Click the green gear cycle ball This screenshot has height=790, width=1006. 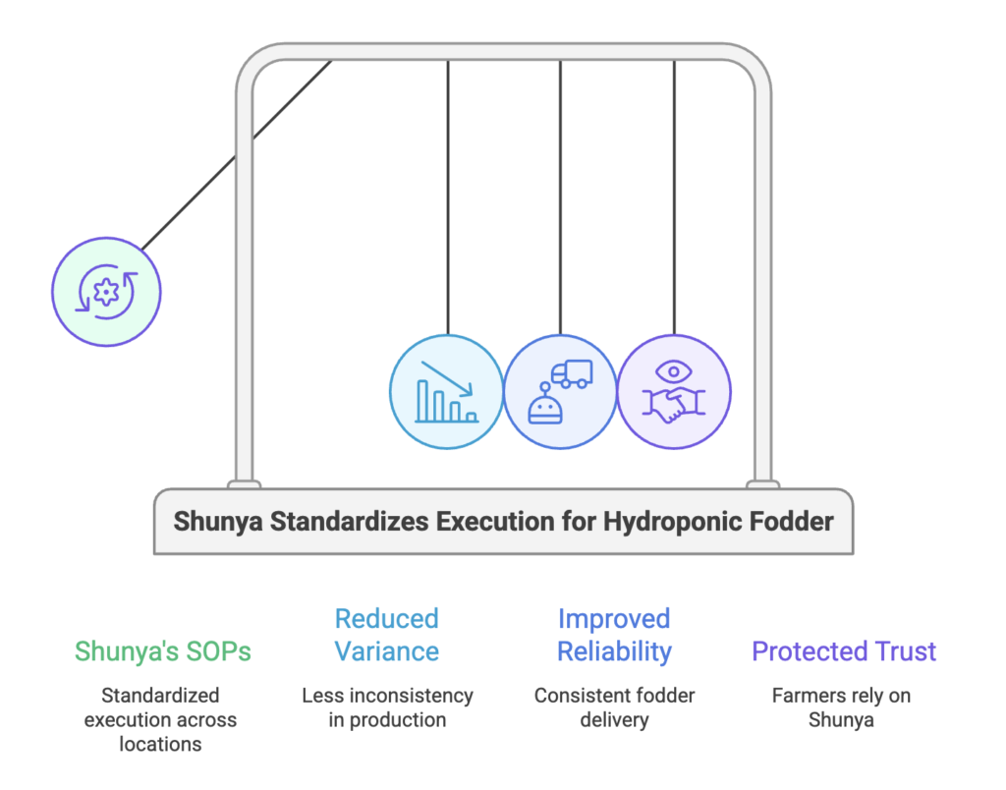105,291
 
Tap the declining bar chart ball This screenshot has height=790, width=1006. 447,392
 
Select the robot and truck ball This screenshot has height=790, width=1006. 560,392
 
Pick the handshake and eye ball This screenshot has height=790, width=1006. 674,392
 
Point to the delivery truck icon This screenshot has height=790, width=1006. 572,374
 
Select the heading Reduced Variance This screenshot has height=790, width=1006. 386,635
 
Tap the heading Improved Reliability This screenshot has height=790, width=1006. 614,635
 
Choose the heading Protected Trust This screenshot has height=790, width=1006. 844,650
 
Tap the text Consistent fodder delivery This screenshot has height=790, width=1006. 614,707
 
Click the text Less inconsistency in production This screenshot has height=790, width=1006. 387,707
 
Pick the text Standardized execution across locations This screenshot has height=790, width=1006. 160,719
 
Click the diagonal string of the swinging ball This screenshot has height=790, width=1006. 236,153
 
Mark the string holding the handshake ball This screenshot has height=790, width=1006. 674,197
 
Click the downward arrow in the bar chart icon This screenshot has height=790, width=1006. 448,378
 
